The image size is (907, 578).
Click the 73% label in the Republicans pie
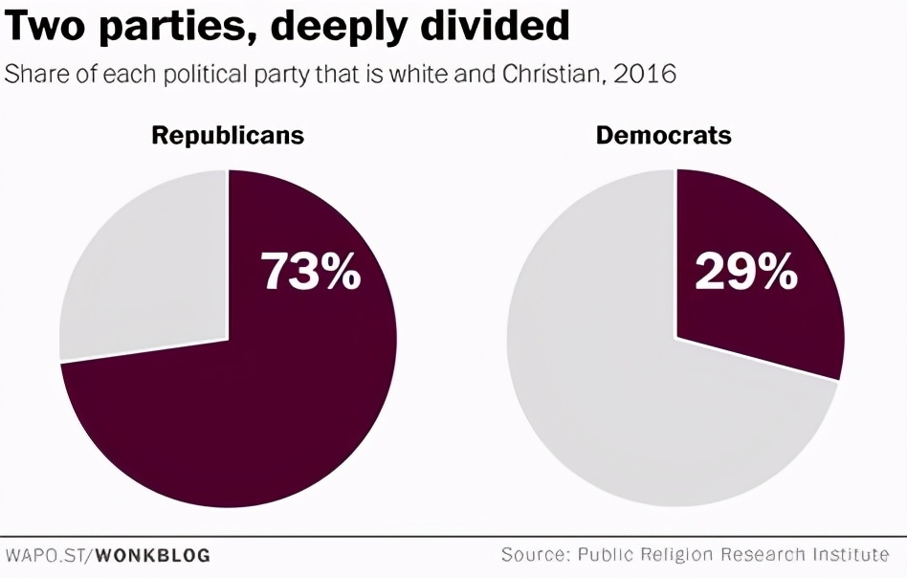coord(311,271)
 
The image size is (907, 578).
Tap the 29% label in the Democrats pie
coord(746,271)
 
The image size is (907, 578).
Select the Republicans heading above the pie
coord(228,135)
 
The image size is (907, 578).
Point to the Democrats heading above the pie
coord(663,135)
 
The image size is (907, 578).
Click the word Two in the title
coord(44,27)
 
